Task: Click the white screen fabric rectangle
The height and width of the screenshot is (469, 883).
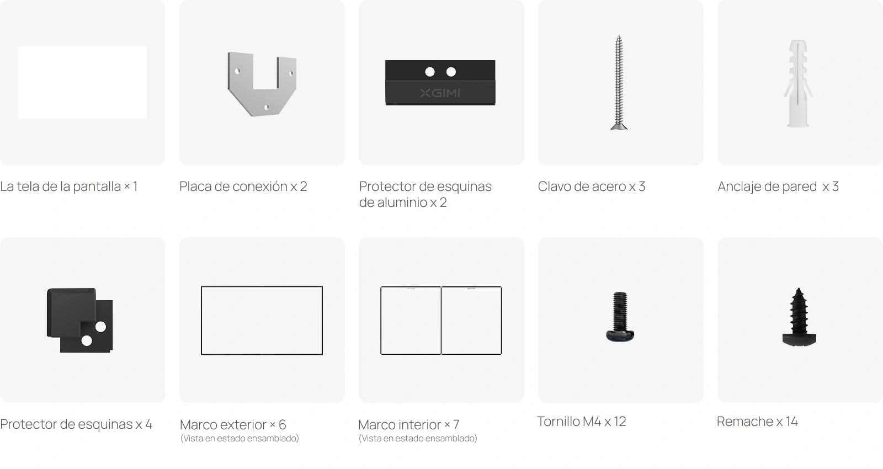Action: tap(82, 82)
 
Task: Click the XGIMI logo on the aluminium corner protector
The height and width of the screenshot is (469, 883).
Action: tap(440, 93)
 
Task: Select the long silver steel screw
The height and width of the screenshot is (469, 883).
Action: tap(619, 82)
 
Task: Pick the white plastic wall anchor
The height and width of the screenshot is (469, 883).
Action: tap(798, 83)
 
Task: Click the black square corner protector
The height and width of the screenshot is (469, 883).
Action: tap(79, 320)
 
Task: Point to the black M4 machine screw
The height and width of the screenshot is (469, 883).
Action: tap(620, 317)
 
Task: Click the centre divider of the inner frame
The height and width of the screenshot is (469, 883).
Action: tap(441, 321)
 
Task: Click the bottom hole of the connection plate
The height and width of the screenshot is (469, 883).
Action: tap(266, 107)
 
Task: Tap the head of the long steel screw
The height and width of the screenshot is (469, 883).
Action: tap(619, 126)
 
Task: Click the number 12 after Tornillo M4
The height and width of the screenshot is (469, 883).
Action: tap(620, 422)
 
